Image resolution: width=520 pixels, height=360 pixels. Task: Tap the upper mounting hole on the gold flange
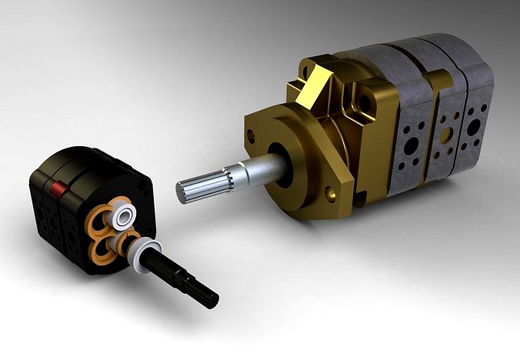coord(251,137)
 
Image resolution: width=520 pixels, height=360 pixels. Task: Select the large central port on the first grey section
coord(411,145)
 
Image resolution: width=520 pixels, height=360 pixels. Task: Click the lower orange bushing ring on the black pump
coord(99,251)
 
